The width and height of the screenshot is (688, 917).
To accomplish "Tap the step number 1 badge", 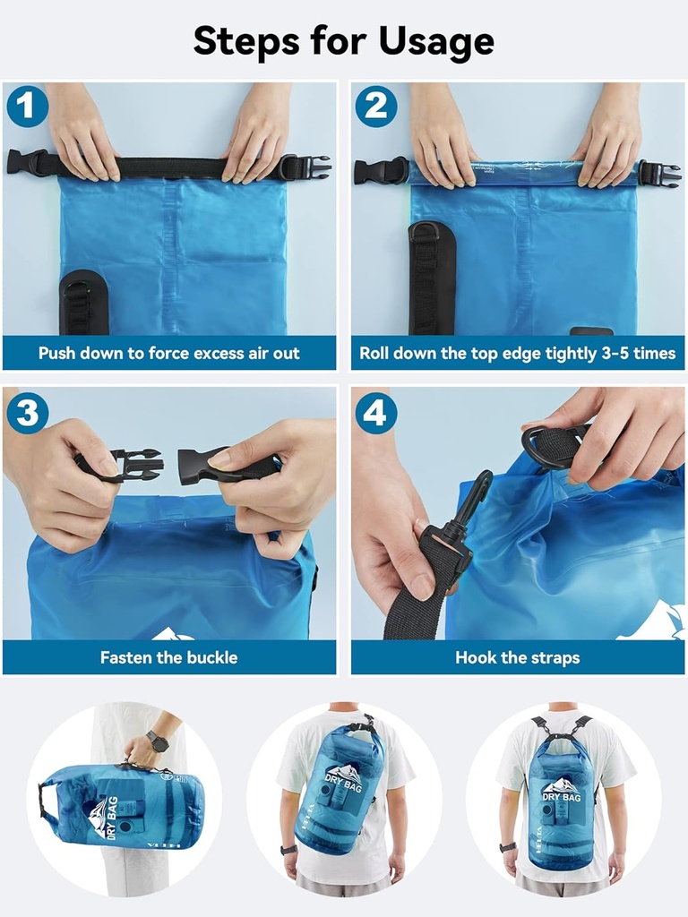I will point(26,107).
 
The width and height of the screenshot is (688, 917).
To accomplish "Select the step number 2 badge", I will point(375,107).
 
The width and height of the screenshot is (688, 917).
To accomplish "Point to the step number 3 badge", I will point(26,412).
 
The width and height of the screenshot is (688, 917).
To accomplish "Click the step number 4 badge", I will point(375,412).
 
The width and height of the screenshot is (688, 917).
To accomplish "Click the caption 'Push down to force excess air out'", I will point(169,353).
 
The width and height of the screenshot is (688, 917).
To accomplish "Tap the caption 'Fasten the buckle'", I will point(169,657).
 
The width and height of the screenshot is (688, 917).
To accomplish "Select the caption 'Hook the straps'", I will point(517,657).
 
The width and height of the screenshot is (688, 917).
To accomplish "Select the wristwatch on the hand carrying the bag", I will point(157,741).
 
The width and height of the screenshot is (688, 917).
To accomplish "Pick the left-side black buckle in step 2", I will point(380,170).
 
